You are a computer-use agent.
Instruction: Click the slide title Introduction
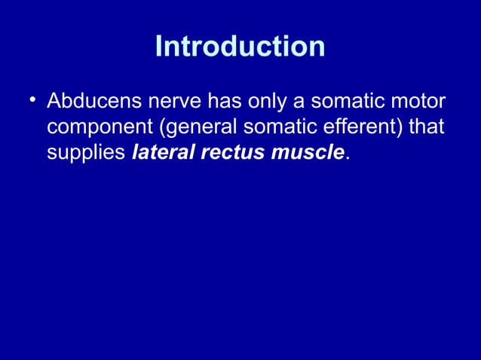click(x=240, y=47)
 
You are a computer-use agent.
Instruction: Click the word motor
click(x=418, y=101)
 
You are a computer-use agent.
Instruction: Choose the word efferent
click(x=362, y=127)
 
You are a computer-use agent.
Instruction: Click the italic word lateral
click(x=159, y=154)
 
